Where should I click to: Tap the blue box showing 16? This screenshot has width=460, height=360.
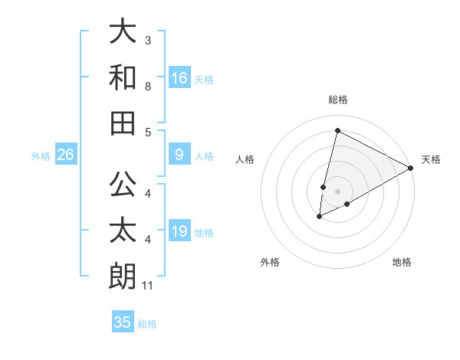(x=179, y=77)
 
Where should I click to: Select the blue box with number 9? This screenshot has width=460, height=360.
(x=179, y=155)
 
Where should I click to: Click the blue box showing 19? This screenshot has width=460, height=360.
(x=179, y=231)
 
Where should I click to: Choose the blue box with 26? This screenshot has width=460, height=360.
(x=66, y=155)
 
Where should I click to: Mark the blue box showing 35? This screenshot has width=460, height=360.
(x=123, y=322)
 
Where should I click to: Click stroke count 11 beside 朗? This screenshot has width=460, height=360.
(x=148, y=286)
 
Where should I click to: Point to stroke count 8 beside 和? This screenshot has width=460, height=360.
(x=148, y=87)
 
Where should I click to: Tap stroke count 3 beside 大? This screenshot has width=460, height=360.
(x=148, y=40)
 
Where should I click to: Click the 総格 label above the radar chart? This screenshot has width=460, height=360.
(x=337, y=100)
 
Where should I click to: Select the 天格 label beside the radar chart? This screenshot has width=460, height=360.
(x=431, y=159)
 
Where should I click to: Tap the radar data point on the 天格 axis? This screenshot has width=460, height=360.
(x=411, y=168)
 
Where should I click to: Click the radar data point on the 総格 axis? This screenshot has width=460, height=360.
(x=337, y=130)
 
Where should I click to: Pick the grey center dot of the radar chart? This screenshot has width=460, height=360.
(x=337, y=191)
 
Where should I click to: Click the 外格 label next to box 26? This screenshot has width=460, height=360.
(x=41, y=156)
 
